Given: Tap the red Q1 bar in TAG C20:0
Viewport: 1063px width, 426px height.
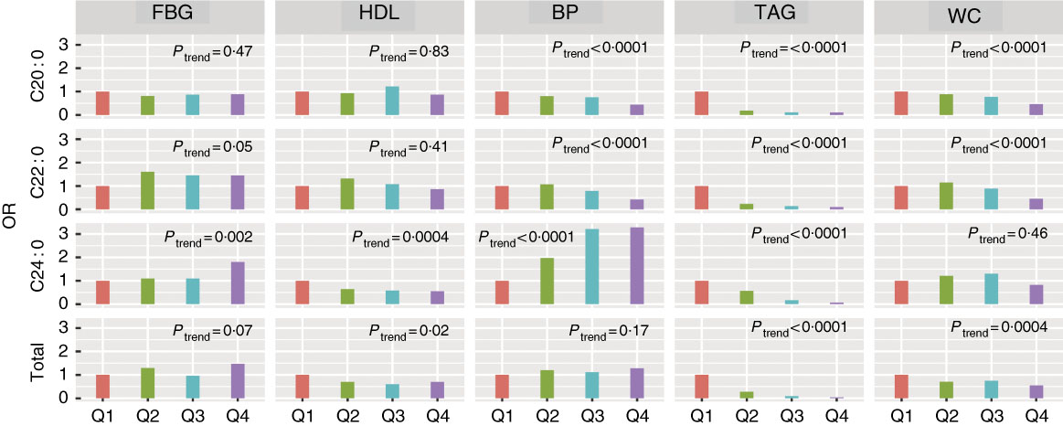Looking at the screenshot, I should [x=702, y=103].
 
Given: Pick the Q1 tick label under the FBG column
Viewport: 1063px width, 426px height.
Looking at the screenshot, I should [x=102, y=414].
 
